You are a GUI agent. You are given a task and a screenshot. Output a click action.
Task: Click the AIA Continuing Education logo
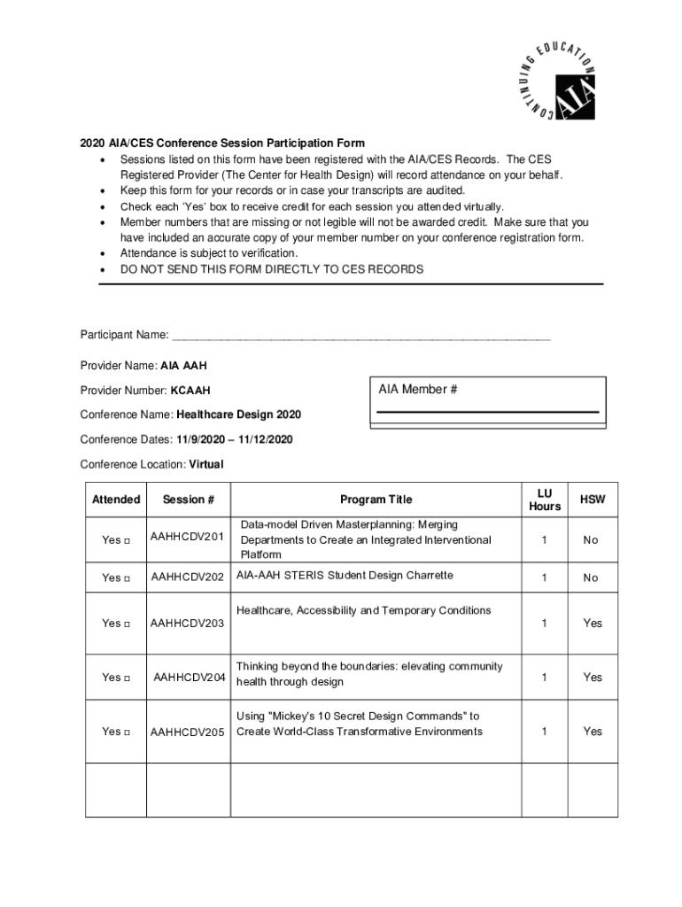555,80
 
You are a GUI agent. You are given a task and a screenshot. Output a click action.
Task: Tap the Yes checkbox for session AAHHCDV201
128,540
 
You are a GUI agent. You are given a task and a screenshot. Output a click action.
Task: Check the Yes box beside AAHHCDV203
128,624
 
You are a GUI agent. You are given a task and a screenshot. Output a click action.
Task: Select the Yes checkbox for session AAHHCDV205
128,732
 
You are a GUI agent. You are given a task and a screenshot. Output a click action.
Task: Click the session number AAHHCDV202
188,578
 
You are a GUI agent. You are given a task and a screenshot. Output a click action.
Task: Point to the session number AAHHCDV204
190,678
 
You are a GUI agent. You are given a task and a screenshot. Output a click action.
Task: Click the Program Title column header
376,500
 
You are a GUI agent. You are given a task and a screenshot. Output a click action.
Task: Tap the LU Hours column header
544,500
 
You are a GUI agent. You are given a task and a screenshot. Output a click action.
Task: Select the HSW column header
592,500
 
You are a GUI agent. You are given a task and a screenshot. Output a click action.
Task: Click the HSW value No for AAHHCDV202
591,578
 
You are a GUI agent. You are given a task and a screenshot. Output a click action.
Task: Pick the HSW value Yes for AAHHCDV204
592,678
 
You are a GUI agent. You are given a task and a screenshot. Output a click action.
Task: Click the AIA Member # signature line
487,412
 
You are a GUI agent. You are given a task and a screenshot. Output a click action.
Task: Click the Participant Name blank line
361,337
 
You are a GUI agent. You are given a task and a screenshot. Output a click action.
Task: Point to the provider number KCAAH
190,391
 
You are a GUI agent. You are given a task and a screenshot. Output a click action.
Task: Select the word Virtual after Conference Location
206,464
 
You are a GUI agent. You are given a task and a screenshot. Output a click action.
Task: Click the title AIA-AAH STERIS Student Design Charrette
345,576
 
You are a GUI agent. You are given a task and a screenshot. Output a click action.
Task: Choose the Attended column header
116,500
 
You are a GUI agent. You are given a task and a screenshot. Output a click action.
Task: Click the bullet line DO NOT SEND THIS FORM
272,269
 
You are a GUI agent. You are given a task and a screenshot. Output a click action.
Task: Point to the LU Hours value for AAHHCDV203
544,624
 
